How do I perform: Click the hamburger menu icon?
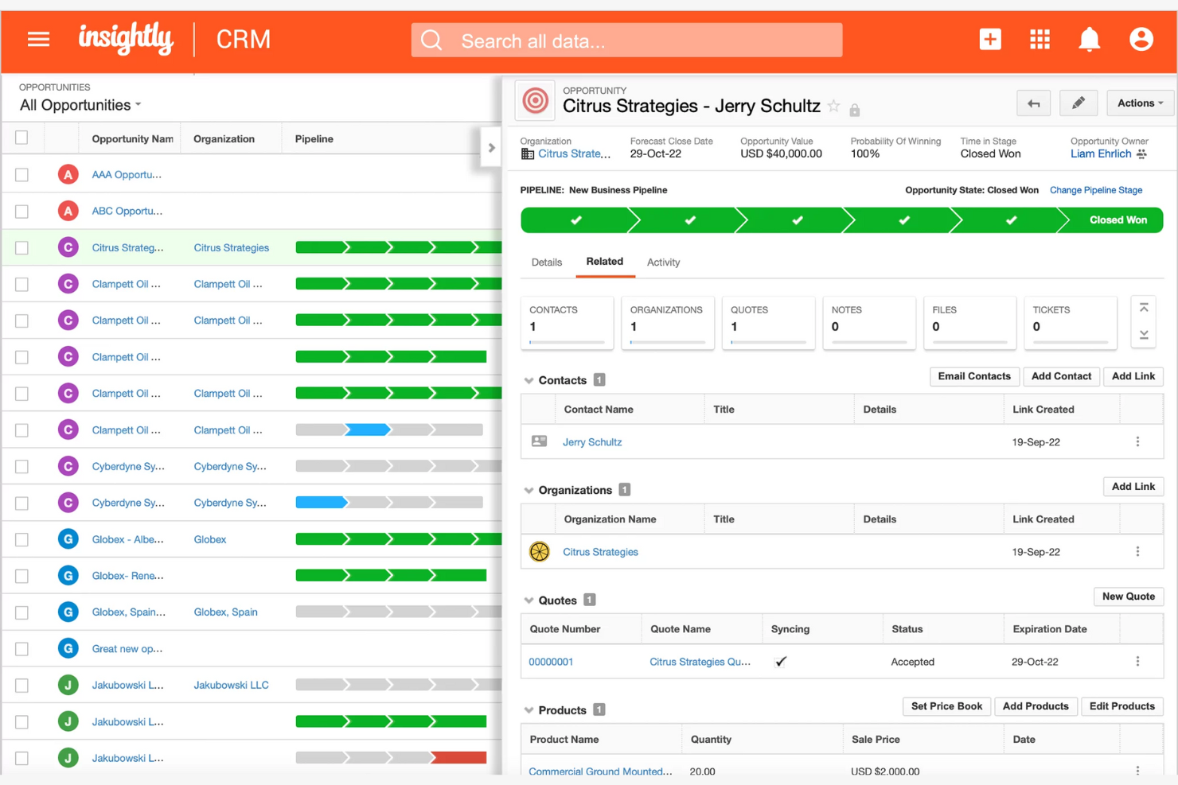38,39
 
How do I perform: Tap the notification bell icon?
1089,39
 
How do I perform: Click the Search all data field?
626,41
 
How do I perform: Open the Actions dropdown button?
1139,103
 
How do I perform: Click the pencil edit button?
1078,103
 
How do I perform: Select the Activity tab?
663,262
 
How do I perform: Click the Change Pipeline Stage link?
1095,190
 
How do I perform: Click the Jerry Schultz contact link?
592,442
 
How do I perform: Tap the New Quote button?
1128,597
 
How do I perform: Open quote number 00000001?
551,662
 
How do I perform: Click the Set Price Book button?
946,706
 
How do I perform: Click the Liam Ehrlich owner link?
1100,154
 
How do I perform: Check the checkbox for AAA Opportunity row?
22,175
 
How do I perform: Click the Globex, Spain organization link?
225,612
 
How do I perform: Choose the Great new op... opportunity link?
127,649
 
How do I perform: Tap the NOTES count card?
868,322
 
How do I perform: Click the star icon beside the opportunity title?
833,107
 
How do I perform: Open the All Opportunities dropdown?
80,105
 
